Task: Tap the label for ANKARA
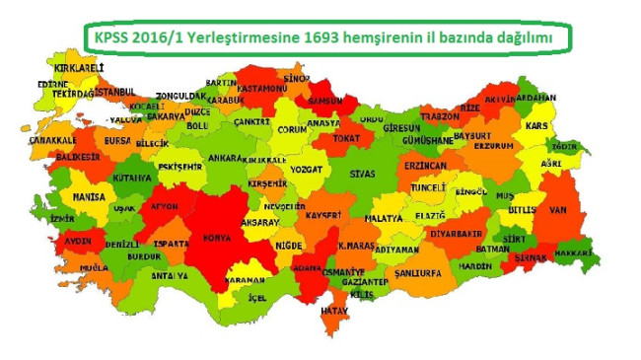tap(226, 157)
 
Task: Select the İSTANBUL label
tap(115, 92)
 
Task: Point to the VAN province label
tap(559, 208)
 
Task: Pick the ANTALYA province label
tap(169, 275)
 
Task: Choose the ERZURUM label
tap(494, 145)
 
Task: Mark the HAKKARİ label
tap(572, 252)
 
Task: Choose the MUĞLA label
tap(96, 267)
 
